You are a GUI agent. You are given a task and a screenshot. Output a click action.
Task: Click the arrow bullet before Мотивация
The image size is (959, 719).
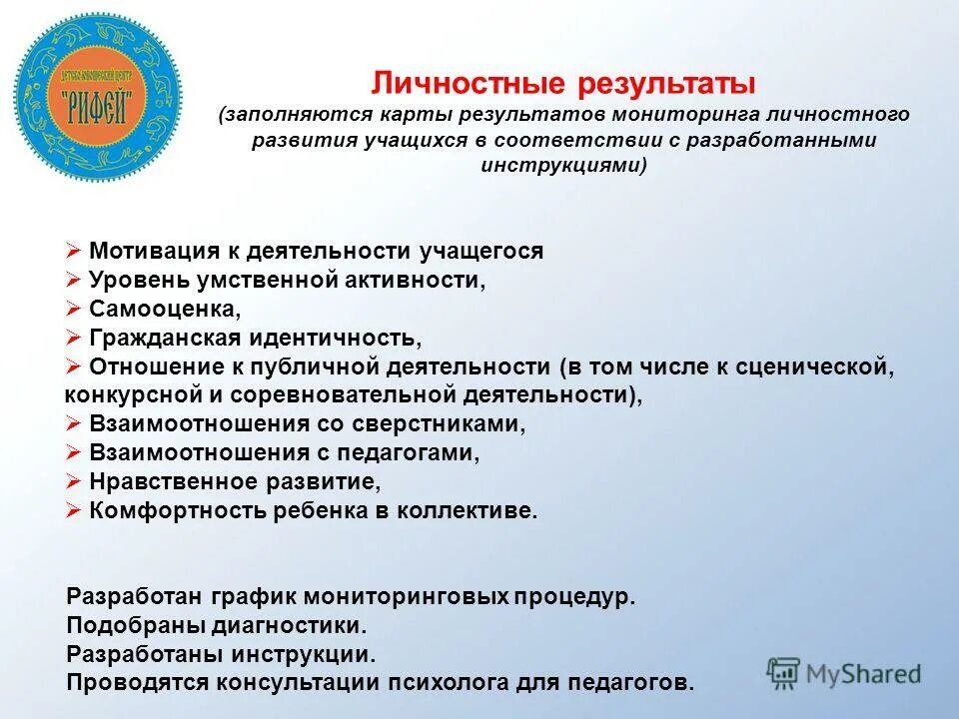pos(73,252)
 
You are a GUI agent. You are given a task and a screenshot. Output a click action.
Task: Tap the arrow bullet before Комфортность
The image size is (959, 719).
pos(73,510)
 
